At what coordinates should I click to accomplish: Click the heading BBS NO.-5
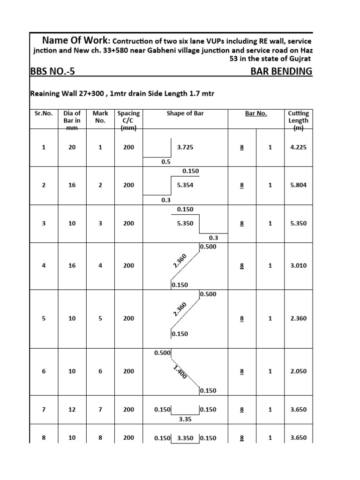pyautogui.click(x=52, y=71)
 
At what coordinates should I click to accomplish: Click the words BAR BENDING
pyautogui.click(x=281, y=71)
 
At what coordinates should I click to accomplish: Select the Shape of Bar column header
pyautogui.click(x=185, y=113)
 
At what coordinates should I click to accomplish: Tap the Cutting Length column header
pyautogui.click(x=299, y=120)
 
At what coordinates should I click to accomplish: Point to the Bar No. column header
pyautogui.click(x=256, y=113)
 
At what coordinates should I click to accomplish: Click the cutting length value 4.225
pyautogui.click(x=299, y=147)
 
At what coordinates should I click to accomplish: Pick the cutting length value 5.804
pyautogui.click(x=299, y=185)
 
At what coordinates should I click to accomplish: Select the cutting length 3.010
pyautogui.click(x=299, y=266)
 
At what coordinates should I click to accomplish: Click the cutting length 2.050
pyautogui.click(x=299, y=371)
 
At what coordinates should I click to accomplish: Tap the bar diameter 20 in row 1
pyautogui.click(x=72, y=147)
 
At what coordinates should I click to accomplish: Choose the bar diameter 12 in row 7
pyautogui.click(x=72, y=409)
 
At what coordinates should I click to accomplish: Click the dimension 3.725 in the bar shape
pyautogui.click(x=185, y=147)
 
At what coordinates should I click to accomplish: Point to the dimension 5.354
pyautogui.click(x=185, y=185)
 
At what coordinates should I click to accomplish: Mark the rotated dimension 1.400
pyautogui.click(x=180, y=372)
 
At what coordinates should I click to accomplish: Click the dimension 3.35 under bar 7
pyautogui.click(x=185, y=420)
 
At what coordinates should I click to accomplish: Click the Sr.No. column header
pyautogui.click(x=44, y=113)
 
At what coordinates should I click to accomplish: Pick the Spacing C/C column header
pyautogui.click(x=129, y=120)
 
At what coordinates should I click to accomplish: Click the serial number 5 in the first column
pyautogui.click(x=44, y=318)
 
